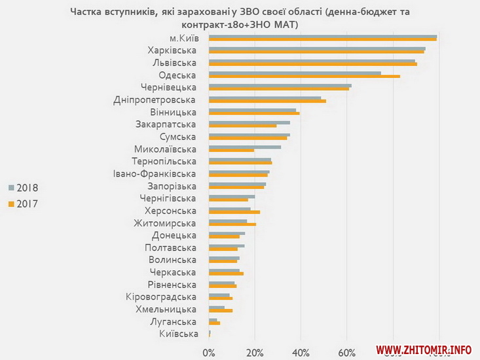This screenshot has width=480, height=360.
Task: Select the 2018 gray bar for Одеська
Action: pyautogui.click(x=295, y=73)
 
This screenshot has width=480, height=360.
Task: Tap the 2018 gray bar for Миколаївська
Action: pyautogui.click(x=245, y=147)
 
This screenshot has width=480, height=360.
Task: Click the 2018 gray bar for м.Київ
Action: pyautogui.click(x=323, y=36)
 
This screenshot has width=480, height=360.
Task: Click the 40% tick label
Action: pyautogui.click(x=301, y=353)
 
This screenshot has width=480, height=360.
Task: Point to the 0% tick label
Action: pyautogui.click(x=209, y=353)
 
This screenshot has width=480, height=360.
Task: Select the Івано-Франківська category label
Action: pyautogui.click(x=155, y=173)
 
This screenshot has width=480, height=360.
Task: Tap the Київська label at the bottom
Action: pyautogui.click(x=178, y=334)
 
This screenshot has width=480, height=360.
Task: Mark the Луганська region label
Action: pyautogui.click(x=174, y=322)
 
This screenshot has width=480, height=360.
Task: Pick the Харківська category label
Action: pyautogui.click(x=172, y=50)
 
